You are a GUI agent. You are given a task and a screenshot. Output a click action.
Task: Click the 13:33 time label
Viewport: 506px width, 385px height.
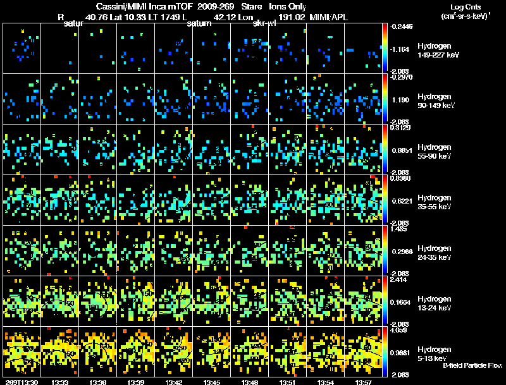tap(61, 382)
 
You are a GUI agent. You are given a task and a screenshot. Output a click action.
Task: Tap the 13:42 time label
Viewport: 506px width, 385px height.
tap(175, 382)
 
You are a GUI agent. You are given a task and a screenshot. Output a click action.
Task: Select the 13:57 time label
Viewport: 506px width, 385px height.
tap(363, 382)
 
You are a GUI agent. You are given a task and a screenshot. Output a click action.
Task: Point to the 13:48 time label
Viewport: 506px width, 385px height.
tap(250, 382)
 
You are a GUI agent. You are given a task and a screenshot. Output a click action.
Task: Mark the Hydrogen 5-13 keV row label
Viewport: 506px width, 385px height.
tap(434, 353)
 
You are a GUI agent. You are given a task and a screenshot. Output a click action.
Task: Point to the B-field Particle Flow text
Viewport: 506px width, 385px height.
tap(472, 365)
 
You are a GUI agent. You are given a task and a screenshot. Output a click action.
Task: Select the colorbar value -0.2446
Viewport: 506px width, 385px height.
tap(403, 27)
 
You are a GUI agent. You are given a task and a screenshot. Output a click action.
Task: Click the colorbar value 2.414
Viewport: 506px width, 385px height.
tap(400, 279)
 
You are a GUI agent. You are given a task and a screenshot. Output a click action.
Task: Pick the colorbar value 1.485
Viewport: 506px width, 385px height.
tap(400, 229)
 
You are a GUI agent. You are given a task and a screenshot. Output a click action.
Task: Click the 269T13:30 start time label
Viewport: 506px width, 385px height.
tap(21, 382)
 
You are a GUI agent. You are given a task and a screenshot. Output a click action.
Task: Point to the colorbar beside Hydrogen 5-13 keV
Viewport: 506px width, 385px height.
tap(385, 351)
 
